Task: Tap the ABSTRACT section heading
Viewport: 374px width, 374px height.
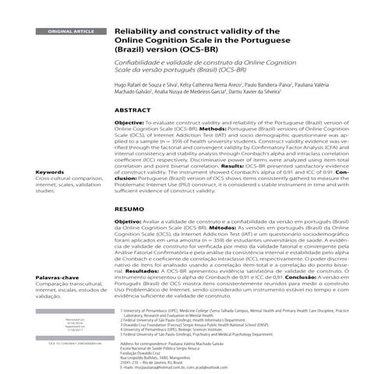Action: (132, 111)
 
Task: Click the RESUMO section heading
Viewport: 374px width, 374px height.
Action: (129, 210)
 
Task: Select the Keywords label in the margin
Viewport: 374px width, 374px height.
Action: (50, 172)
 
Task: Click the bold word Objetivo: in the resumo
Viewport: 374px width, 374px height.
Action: (128, 222)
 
